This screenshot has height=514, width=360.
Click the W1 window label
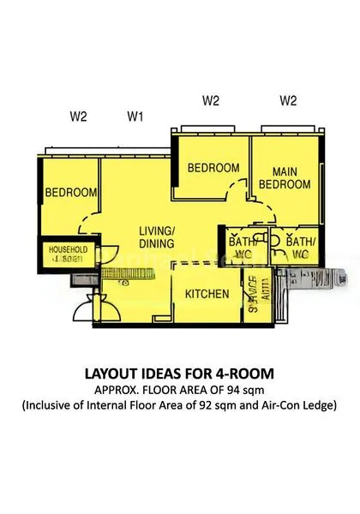point(135,114)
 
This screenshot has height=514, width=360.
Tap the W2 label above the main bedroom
point(289,101)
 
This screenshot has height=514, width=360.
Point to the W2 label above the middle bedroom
point(211,101)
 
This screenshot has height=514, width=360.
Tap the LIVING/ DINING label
point(158,237)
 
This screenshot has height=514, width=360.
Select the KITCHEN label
point(207,295)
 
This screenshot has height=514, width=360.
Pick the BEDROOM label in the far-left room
point(71,193)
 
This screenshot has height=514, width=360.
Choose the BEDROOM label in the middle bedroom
point(213,168)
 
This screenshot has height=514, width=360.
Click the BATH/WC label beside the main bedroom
point(301,248)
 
